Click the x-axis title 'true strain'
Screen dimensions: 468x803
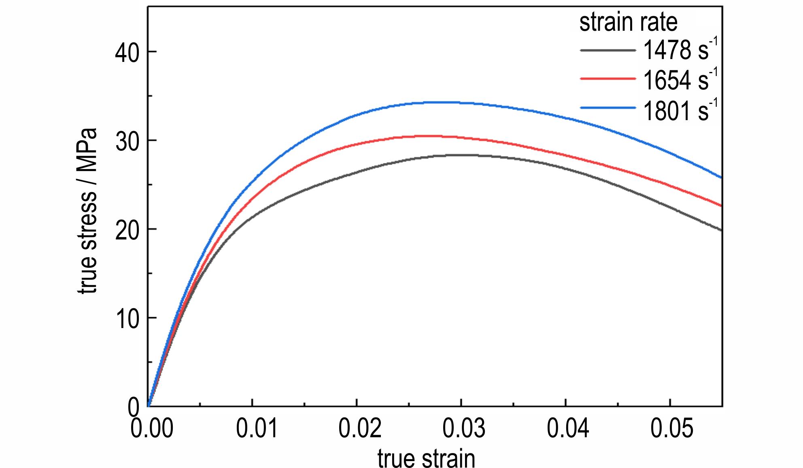click(x=426, y=458)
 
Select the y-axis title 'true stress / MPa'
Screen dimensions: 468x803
click(x=87, y=211)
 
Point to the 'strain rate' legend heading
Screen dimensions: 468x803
click(x=628, y=22)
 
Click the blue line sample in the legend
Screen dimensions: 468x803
click(x=608, y=108)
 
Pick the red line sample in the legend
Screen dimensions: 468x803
click(x=608, y=78)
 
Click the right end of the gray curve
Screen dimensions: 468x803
click(x=721, y=230)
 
